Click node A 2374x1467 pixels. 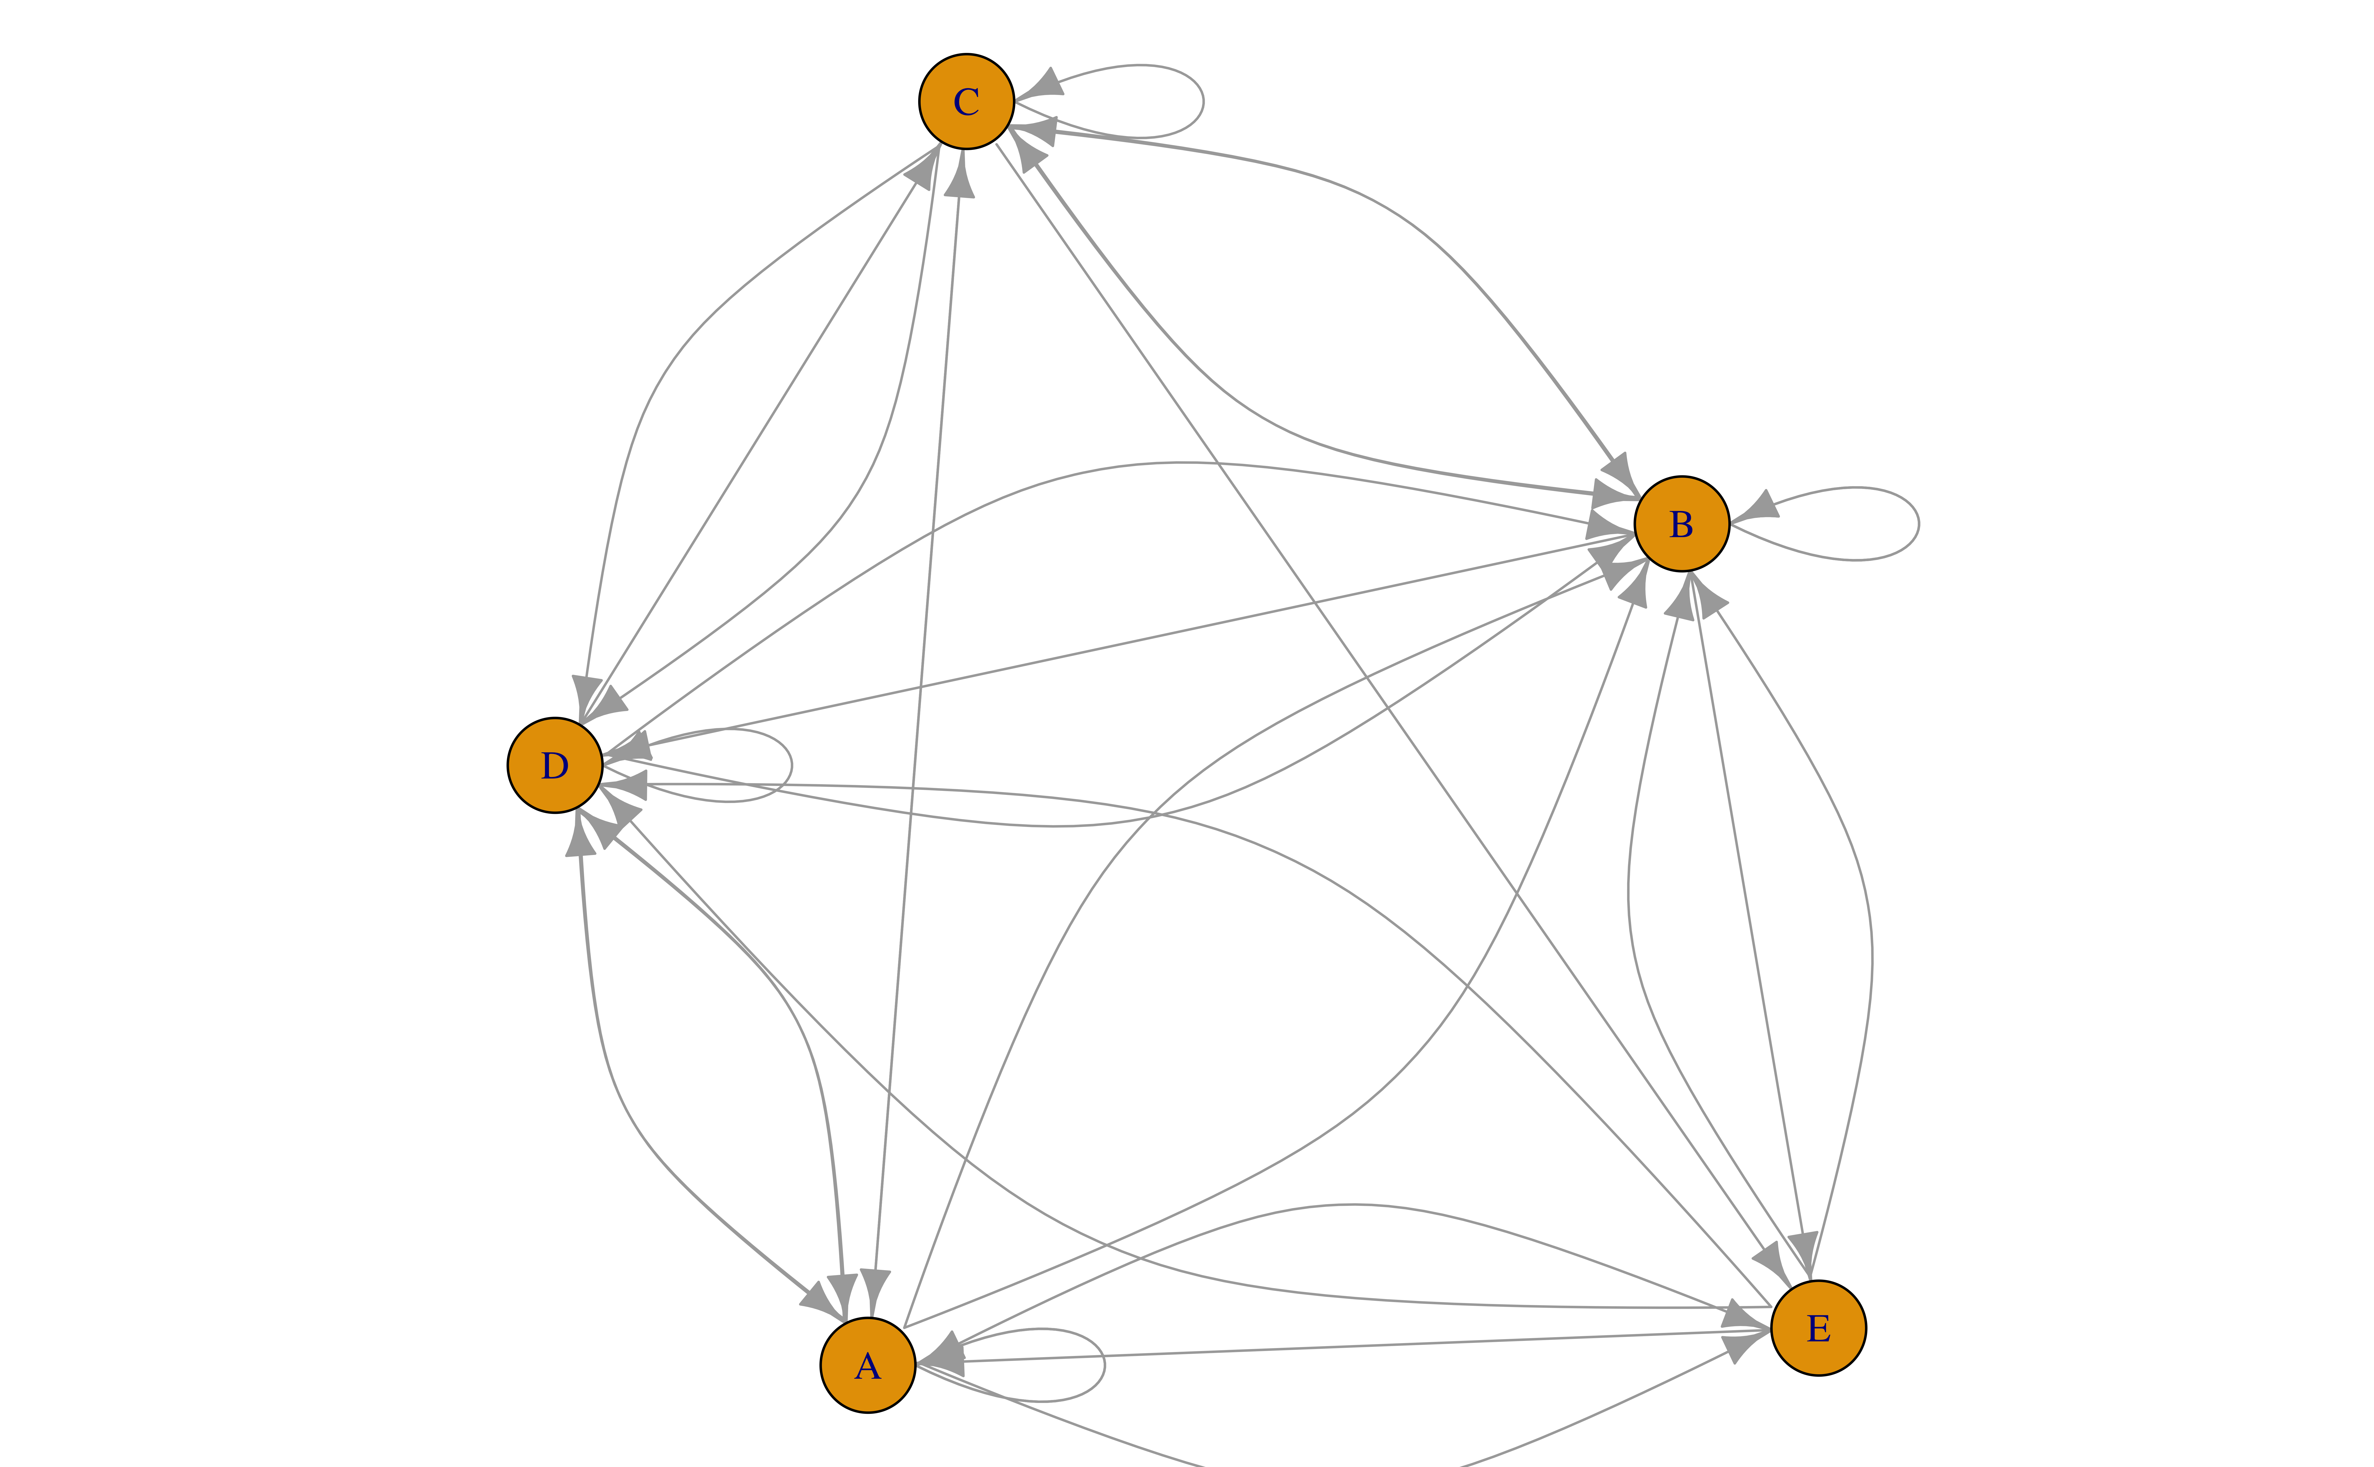click(x=867, y=1365)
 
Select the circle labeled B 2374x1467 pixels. click(x=1681, y=524)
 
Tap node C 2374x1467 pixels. click(x=966, y=101)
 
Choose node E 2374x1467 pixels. click(x=1818, y=1327)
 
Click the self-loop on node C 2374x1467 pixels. click(x=1203, y=101)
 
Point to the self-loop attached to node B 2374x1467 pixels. click(x=1918, y=524)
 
